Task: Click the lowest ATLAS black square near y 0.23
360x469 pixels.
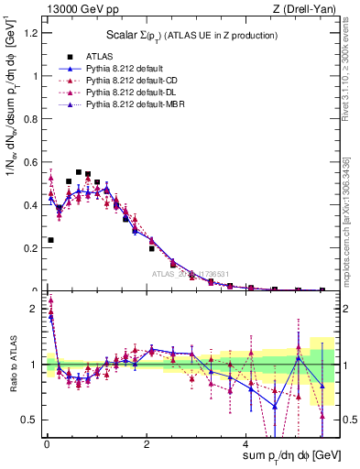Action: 50,240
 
